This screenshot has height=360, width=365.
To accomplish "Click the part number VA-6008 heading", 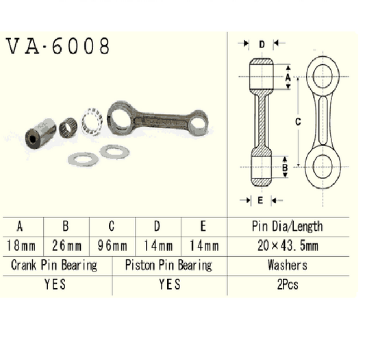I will [58, 47].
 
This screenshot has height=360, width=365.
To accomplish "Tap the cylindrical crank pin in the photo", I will [40, 132].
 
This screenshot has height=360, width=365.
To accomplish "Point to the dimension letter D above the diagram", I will [262, 44].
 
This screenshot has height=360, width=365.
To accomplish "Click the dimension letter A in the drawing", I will [288, 79].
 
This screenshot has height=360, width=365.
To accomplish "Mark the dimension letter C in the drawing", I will [298, 121].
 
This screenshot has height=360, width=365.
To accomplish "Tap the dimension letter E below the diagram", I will [261, 200].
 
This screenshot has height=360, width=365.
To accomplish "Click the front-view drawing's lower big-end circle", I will [322, 167].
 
